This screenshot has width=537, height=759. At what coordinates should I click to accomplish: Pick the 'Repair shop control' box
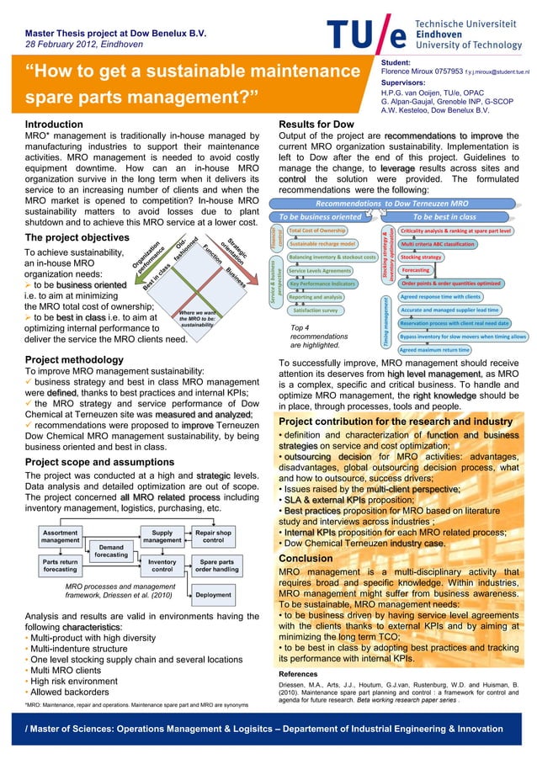(214, 537)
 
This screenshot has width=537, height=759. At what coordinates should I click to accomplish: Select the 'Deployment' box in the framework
(214, 594)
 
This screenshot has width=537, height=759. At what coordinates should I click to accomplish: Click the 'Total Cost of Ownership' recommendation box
(316, 230)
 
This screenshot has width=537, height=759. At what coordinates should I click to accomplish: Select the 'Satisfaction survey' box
(315, 310)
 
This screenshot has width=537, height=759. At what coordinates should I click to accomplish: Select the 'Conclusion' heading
(306, 559)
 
